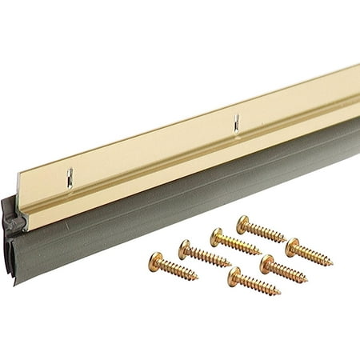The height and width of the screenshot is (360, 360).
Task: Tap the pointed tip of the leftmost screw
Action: click(x=197, y=278)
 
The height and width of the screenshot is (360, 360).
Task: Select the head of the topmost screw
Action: click(x=244, y=222)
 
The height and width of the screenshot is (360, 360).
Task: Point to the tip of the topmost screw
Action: click(x=286, y=239)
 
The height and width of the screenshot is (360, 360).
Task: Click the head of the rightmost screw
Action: click(x=292, y=246)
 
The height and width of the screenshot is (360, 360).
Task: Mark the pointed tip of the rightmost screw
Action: click(x=332, y=264)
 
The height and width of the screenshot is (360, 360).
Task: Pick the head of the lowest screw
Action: click(x=234, y=277)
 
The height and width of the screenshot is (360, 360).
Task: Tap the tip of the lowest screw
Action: click(x=279, y=294)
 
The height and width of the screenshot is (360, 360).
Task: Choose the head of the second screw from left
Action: click(x=185, y=249)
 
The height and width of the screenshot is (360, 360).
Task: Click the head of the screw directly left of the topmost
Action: click(x=217, y=236)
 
